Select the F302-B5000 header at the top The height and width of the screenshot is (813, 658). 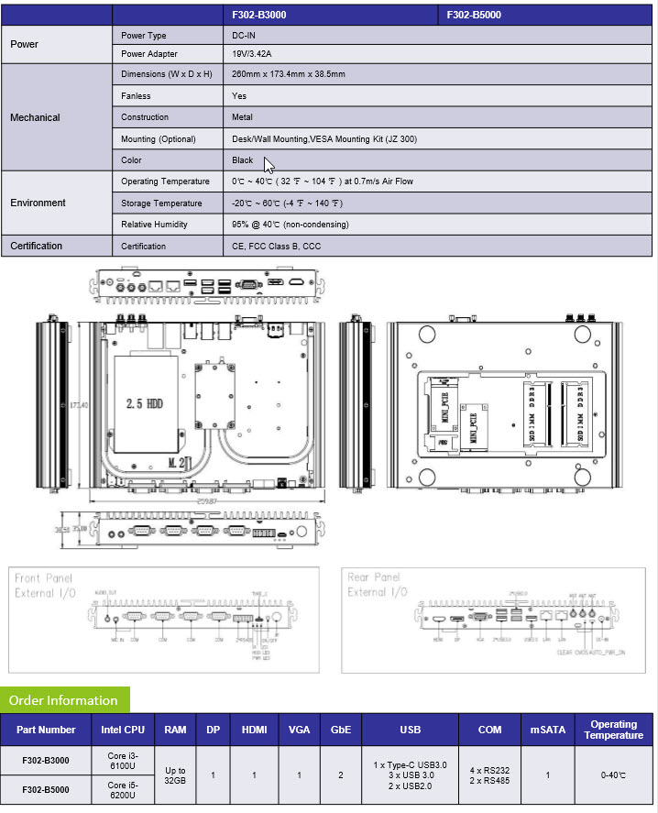point(474,15)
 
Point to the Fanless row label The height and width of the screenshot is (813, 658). point(136,95)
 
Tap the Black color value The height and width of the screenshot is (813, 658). point(243,159)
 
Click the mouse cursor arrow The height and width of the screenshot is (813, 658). point(269,165)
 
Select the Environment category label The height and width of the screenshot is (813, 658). point(38,203)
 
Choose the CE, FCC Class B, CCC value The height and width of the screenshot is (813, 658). point(277,246)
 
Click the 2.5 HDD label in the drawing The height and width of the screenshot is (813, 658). point(144,403)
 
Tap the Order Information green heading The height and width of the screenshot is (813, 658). point(63,700)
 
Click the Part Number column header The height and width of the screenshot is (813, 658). point(46,731)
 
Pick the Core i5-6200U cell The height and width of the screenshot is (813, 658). point(124,790)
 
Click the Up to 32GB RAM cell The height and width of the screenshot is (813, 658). point(175,775)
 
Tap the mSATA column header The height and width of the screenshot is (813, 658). point(548,731)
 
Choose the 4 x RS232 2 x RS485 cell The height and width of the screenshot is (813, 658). point(489,775)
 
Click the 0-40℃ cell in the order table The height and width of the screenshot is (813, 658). point(613,775)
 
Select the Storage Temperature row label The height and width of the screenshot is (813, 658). point(161,203)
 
